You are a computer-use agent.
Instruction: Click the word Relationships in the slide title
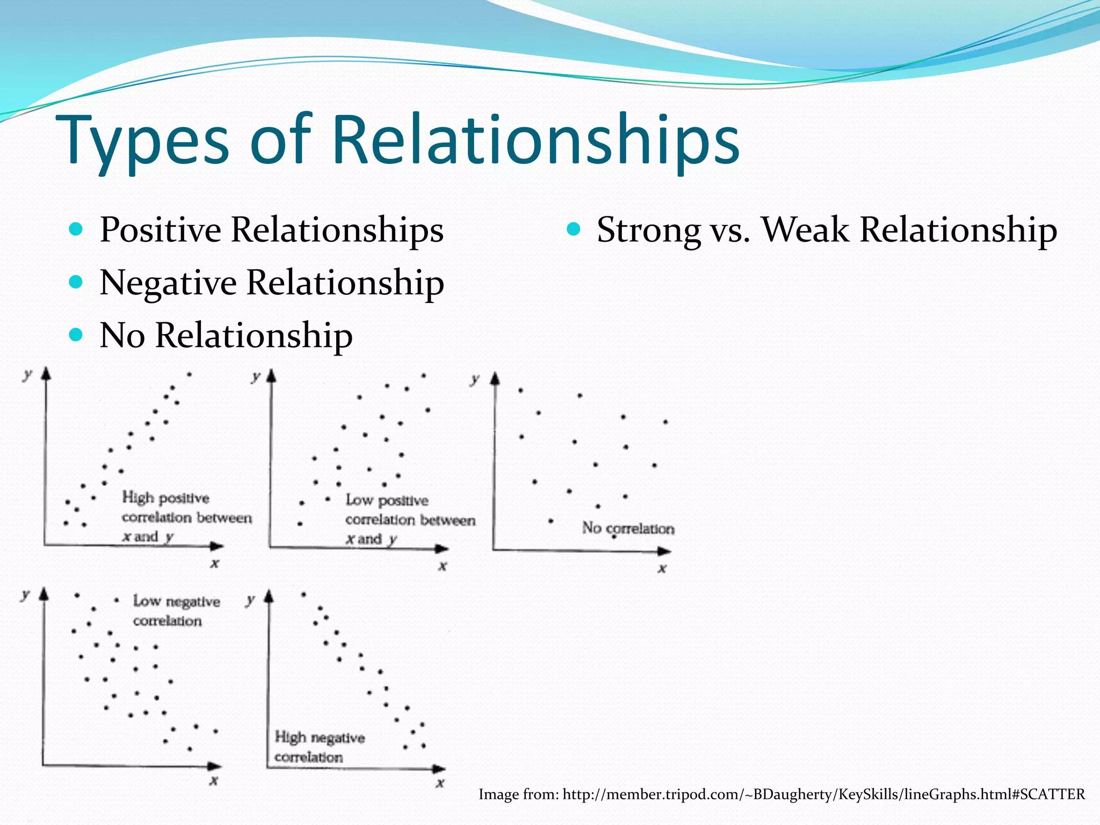point(535,141)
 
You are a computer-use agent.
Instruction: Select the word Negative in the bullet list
point(168,283)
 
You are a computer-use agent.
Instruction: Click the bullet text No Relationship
point(226,335)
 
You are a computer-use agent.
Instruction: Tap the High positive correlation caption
point(186,517)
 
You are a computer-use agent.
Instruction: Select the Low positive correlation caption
point(409,519)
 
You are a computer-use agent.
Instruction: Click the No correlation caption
point(628,529)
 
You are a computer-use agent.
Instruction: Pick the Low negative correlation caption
point(176,611)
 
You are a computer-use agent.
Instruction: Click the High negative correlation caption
point(319,747)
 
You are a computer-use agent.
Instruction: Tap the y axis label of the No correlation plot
point(474,380)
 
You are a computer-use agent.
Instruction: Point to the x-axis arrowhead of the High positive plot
point(217,546)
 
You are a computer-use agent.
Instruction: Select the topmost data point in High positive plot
point(189,374)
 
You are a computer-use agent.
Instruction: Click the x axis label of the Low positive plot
point(443,566)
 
